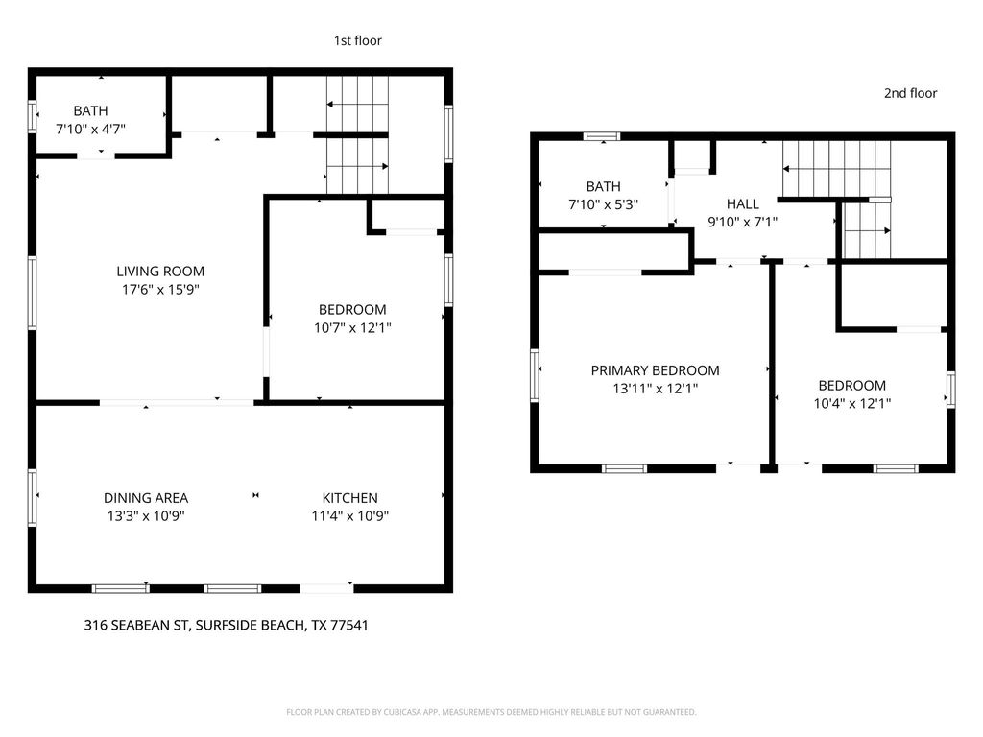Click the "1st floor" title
tap(357, 40)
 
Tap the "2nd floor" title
tap(910, 93)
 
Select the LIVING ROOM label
tap(160, 272)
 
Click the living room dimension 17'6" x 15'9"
tap(160, 288)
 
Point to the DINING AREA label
tap(146, 498)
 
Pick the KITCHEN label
tap(349, 498)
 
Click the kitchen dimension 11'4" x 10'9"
tap(349, 515)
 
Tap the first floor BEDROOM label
tap(352, 310)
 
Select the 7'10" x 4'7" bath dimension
tap(90, 128)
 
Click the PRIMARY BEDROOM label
tap(655, 370)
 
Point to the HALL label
tap(742, 204)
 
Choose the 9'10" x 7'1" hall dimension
tap(742, 222)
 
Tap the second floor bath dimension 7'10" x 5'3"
tap(604, 203)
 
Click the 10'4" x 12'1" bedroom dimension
tap(852, 404)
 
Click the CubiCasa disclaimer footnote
tap(491, 712)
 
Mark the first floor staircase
tap(357, 134)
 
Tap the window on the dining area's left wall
tap(32, 497)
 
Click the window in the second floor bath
tap(603, 135)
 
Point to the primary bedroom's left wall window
tap(535, 373)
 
